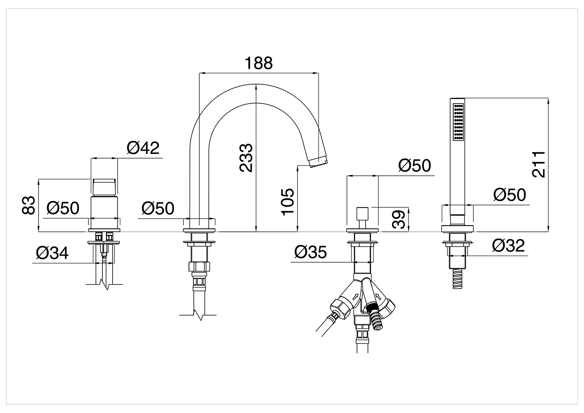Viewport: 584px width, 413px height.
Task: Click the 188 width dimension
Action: click(259, 63)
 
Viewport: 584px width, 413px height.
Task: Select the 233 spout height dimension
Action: click(246, 158)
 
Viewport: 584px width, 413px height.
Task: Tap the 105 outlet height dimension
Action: click(288, 202)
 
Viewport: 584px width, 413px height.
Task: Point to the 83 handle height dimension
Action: click(28, 205)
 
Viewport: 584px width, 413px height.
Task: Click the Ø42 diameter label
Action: click(143, 148)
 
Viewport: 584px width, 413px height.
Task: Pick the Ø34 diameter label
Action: click(53, 253)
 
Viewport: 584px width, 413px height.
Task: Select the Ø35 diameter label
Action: click(311, 252)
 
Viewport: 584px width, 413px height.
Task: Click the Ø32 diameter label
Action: click(508, 246)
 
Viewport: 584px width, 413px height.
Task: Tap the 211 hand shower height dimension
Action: click(538, 165)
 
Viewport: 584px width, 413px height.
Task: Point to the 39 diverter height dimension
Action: click(399, 219)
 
